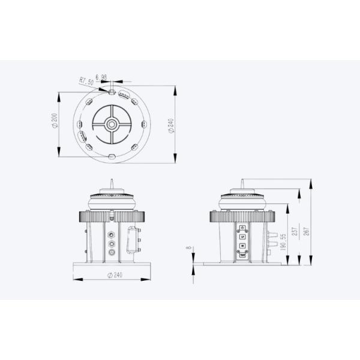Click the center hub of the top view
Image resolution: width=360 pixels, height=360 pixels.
point(112,124)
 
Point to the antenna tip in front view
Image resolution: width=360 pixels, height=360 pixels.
point(112,178)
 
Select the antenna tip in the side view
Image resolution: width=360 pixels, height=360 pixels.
point(241,178)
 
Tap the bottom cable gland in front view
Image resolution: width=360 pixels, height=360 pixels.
point(111,254)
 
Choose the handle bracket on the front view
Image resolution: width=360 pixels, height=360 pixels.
point(133,241)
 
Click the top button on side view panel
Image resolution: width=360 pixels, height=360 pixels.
point(242,228)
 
